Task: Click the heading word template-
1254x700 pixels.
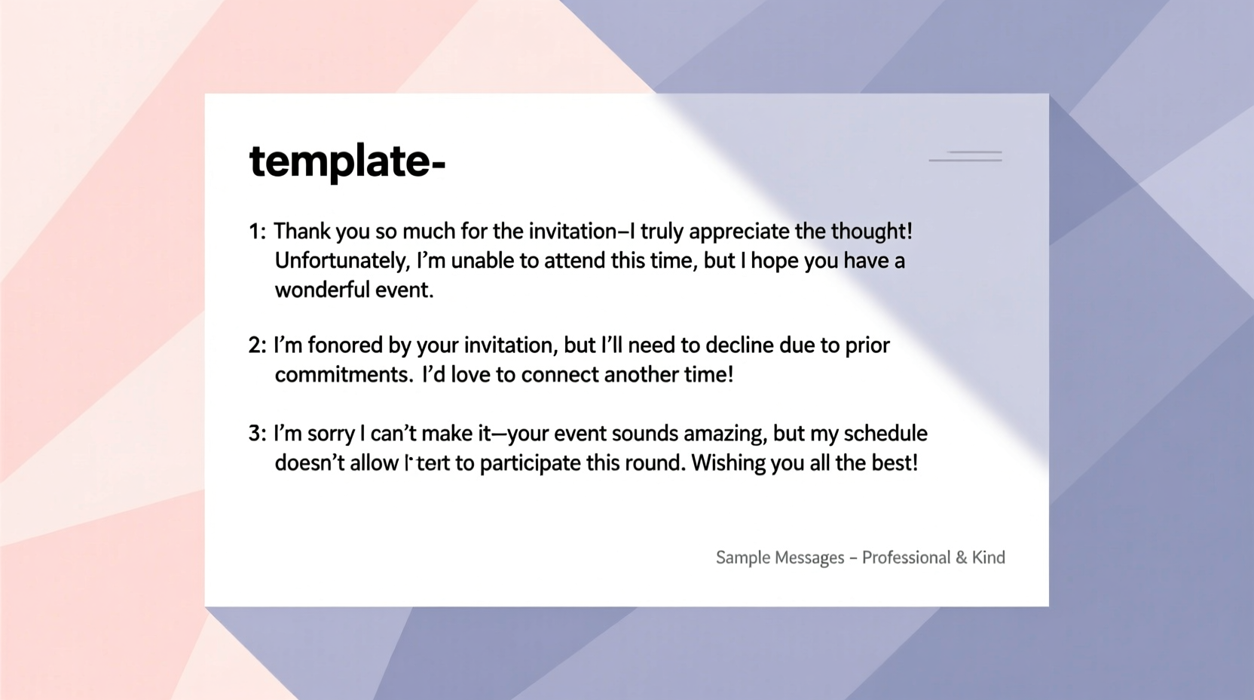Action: click(347, 162)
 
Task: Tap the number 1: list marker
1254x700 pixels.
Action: click(257, 232)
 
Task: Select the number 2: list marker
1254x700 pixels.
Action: click(257, 345)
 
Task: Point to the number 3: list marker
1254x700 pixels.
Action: click(257, 434)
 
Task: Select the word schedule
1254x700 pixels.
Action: click(885, 434)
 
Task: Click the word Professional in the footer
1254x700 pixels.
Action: click(906, 557)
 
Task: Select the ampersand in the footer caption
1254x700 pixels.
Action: click(961, 557)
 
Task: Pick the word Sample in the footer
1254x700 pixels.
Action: click(742, 557)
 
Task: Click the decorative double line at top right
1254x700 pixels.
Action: click(966, 156)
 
